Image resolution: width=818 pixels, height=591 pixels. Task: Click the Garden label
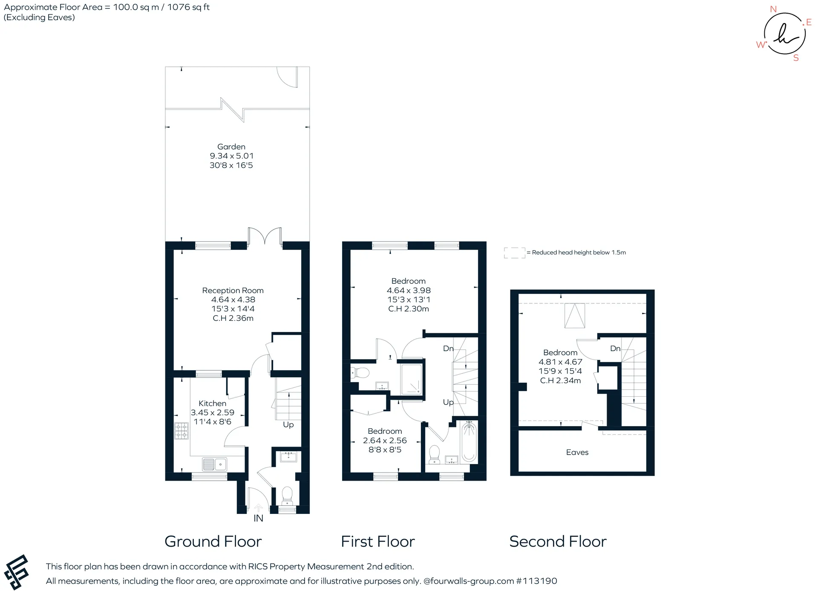coord(231,147)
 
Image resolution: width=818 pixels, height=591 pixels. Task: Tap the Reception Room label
coord(233,291)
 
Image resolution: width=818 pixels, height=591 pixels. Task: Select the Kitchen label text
coord(212,403)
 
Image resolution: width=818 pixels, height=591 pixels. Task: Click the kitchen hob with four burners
coord(181,431)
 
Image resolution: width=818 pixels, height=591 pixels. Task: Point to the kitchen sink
coord(214,464)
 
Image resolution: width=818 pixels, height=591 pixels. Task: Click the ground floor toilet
coord(287,495)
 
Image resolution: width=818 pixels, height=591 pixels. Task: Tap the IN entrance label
coord(258,518)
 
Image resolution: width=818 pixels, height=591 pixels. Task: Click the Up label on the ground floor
coord(288,424)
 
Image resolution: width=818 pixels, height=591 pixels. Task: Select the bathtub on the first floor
coord(469,441)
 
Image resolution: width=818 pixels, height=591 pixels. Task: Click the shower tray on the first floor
coord(411,379)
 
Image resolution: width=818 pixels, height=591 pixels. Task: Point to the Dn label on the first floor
coord(448,349)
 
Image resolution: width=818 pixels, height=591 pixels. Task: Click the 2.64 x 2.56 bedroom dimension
coord(385,441)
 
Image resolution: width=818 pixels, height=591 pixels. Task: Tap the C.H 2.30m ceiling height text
coord(409,309)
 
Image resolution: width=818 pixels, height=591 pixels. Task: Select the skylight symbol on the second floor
coord(575,316)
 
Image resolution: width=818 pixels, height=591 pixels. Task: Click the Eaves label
coord(577,453)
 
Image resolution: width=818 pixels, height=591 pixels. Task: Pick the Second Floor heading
coord(558,542)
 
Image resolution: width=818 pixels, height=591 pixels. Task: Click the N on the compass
coord(773,9)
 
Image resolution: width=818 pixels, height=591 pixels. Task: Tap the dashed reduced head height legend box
coord(515,253)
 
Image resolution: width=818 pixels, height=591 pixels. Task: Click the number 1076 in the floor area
coord(179,7)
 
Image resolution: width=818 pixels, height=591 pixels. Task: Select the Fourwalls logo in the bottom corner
coord(16,572)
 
